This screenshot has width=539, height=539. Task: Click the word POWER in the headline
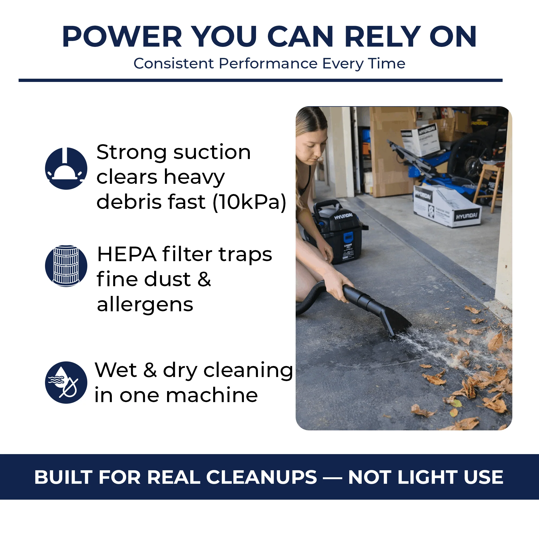122,37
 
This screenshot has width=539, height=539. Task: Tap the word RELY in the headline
382,37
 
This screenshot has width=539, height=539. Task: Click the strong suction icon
66,168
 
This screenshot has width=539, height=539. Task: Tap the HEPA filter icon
66,266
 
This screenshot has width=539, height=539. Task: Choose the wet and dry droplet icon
66,382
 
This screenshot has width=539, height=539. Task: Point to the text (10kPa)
249,202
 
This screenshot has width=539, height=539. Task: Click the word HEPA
126,254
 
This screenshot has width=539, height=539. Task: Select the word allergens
145,305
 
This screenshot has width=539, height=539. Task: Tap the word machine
212,395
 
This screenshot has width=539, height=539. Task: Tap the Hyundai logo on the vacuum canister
343,216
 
